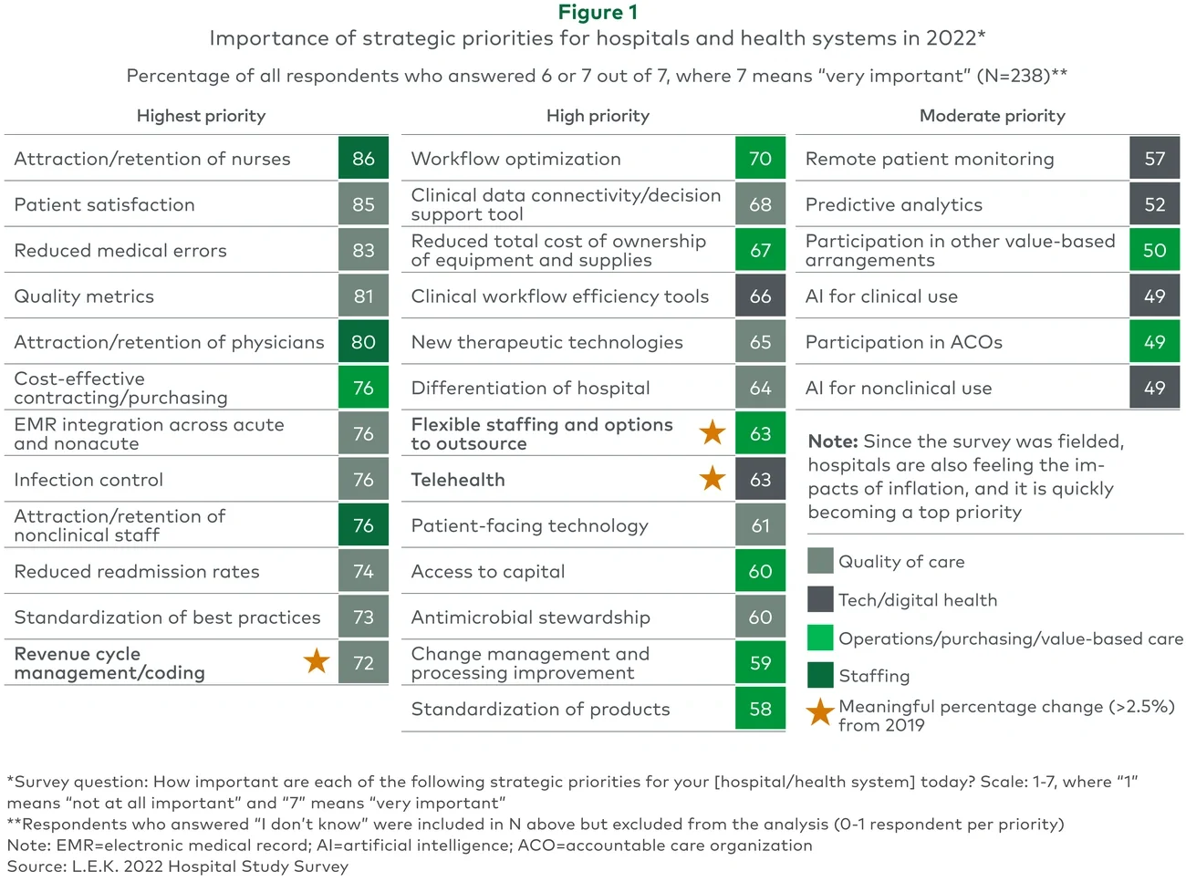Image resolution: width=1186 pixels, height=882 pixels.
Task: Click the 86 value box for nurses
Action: [x=363, y=159]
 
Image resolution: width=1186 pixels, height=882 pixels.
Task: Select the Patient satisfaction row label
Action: [x=105, y=204]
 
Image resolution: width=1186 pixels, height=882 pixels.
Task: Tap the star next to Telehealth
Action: [x=713, y=478]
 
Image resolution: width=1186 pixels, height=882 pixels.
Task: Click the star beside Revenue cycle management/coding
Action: [x=317, y=660]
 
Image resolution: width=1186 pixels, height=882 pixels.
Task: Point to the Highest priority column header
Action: [x=201, y=116]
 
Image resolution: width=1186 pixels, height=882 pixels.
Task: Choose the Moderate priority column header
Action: [x=992, y=116]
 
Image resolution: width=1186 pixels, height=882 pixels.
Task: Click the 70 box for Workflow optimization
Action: [x=760, y=159]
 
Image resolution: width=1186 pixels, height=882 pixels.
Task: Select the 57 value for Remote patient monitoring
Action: [x=1154, y=159]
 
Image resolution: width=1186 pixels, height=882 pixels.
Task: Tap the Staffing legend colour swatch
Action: [x=820, y=675]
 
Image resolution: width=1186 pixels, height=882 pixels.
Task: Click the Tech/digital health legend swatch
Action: [x=820, y=599]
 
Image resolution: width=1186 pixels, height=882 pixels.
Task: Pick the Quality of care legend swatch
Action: [x=820, y=560]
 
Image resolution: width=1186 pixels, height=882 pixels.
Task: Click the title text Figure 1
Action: [x=598, y=13]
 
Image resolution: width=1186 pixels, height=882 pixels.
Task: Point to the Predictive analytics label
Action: [x=893, y=204]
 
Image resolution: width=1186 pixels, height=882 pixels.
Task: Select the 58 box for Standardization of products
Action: [x=760, y=709]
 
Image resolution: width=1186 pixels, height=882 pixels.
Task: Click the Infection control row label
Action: [x=88, y=480]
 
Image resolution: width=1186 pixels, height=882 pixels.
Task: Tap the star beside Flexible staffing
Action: [x=713, y=432]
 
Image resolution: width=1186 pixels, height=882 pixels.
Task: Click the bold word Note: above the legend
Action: [x=832, y=441]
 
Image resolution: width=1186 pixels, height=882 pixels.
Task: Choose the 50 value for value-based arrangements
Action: [x=1154, y=250]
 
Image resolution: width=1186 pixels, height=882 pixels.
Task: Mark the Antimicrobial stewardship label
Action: [x=530, y=617]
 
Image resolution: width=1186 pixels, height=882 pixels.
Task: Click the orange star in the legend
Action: [x=820, y=712]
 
